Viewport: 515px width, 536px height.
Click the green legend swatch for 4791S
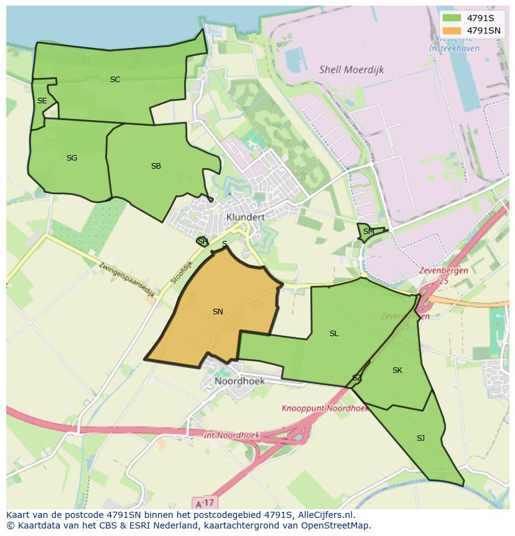click(452, 18)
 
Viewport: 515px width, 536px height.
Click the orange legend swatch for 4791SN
click(452, 31)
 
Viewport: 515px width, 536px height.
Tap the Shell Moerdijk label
click(351, 70)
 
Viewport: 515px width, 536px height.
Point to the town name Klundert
click(246, 217)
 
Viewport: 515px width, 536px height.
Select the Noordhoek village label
click(239, 381)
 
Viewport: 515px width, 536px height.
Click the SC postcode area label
click(115, 80)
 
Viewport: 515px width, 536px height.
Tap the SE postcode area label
click(42, 101)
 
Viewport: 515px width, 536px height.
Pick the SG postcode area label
click(72, 158)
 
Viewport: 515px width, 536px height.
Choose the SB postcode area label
click(156, 166)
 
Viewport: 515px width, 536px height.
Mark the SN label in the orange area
click(218, 312)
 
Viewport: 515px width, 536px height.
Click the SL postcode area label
click(334, 334)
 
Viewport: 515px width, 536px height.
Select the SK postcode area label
click(397, 370)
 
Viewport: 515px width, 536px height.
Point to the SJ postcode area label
click(420, 438)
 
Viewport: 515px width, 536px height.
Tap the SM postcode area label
click(369, 232)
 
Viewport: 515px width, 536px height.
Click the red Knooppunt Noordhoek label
click(325, 409)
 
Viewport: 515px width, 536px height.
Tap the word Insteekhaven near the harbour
click(454, 48)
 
